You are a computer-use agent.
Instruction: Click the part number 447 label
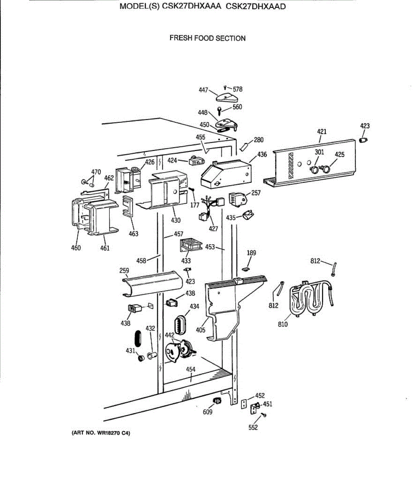click(x=203, y=90)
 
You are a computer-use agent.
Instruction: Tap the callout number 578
click(x=238, y=89)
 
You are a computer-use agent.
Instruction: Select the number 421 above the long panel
click(x=321, y=132)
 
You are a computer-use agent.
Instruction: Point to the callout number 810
click(x=283, y=324)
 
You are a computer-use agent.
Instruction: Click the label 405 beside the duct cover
click(x=201, y=330)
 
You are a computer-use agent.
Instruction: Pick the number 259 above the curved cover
click(x=124, y=270)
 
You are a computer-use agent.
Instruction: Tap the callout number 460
click(x=76, y=248)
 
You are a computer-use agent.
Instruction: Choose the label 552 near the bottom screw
click(x=253, y=427)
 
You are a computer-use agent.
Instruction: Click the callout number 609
click(x=207, y=412)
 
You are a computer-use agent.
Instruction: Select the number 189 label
click(x=251, y=253)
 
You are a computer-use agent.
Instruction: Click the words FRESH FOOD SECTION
click(x=207, y=38)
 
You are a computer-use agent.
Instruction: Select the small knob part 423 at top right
click(x=363, y=140)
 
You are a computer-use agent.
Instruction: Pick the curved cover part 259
click(x=151, y=283)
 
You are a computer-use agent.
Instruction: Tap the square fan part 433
click(x=191, y=245)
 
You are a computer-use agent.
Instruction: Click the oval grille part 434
click(x=180, y=325)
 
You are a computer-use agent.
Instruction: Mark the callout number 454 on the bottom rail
click(x=191, y=369)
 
